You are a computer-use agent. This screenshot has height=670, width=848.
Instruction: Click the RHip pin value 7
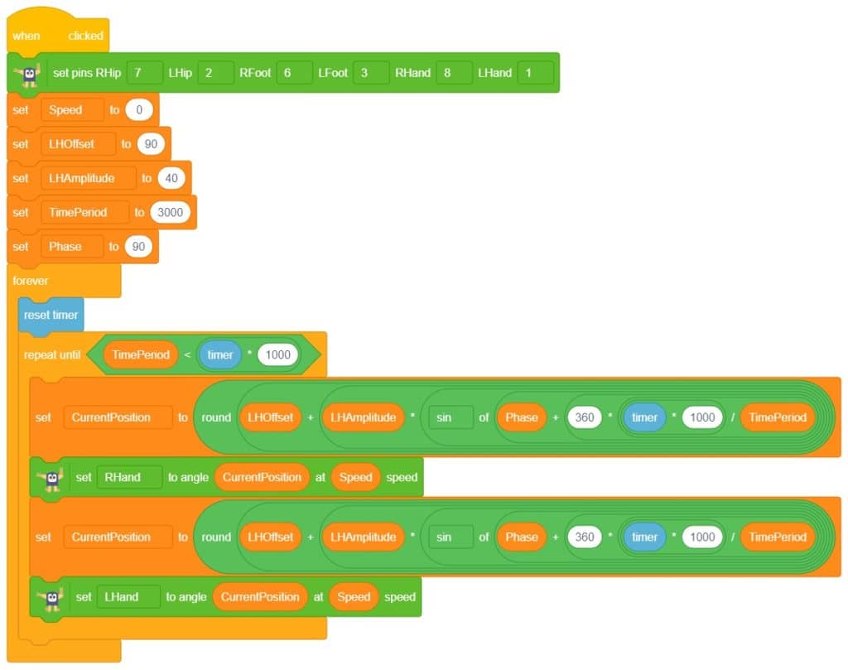point(146,73)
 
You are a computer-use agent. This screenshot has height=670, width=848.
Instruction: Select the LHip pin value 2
point(217,73)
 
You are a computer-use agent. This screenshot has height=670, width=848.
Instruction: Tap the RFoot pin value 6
point(294,73)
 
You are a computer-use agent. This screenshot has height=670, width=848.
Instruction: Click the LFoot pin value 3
point(370,73)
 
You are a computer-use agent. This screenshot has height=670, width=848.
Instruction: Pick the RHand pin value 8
point(454,73)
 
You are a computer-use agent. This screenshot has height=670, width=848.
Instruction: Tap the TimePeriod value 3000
point(171,212)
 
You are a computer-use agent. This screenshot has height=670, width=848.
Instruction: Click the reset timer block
point(51,315)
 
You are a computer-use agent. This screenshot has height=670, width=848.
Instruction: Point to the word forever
point(31,281)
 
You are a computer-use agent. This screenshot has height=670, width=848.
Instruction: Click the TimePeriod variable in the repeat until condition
point(141,354)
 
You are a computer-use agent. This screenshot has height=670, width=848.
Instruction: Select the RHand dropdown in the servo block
point(129,477)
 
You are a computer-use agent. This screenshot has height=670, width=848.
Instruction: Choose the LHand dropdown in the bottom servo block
point(128,596)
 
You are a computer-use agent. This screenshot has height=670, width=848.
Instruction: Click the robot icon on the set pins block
point(30,74)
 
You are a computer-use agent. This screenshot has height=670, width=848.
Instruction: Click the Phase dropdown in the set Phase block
point(72,246)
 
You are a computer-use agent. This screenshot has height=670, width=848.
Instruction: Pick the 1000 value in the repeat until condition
point(277,354)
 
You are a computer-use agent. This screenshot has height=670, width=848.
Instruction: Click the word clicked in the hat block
point(86,36)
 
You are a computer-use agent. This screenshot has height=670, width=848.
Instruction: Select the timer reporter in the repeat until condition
point(220,354)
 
